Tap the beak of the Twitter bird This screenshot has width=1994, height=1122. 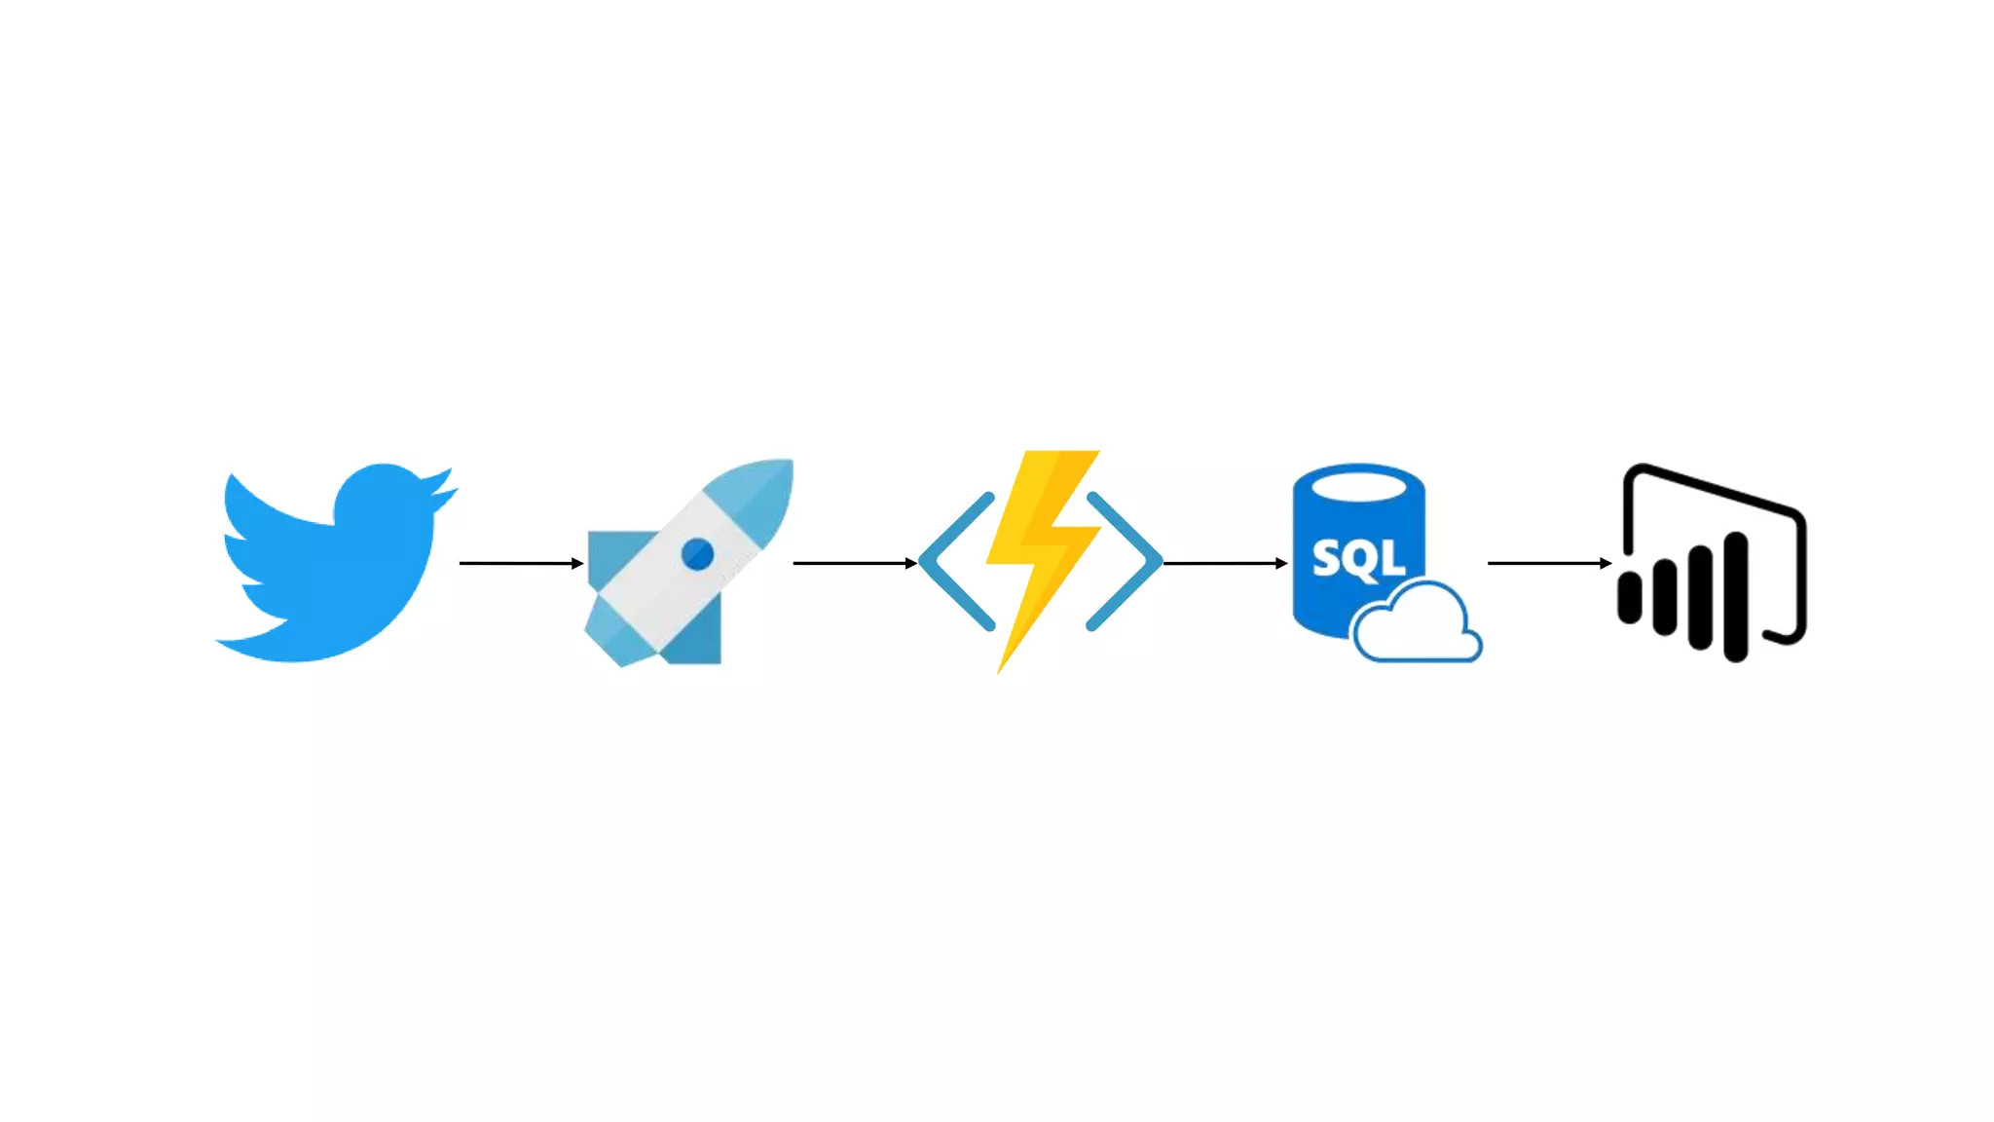coord(445,494)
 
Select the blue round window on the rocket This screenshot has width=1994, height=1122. coord(697,554)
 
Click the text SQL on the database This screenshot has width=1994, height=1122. coord(1358,558)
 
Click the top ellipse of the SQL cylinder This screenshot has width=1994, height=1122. coord(1359,482)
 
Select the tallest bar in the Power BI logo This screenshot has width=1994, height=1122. coord(1735,596)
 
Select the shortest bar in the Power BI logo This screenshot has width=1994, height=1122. coord(1629,597)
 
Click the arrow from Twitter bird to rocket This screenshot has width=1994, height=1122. coord(521,563)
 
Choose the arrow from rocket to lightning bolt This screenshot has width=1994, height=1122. coord(855,563)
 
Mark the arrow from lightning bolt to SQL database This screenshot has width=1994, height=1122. coord(1225,563)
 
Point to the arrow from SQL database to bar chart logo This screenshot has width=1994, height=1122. coord(1549,563)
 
